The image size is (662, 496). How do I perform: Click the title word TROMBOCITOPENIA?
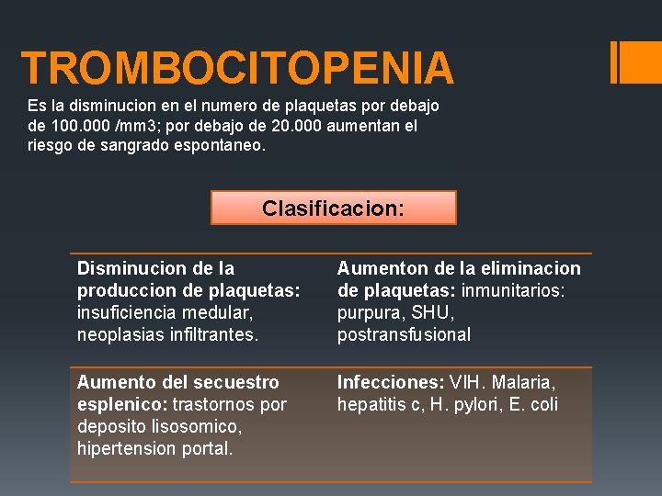click(x=237, y=69)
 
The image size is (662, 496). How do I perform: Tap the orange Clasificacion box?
click(x=333, y=209)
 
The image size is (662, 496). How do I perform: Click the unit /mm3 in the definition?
click(x=136, y=126)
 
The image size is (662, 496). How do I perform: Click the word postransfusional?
click(x=404, y=334)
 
